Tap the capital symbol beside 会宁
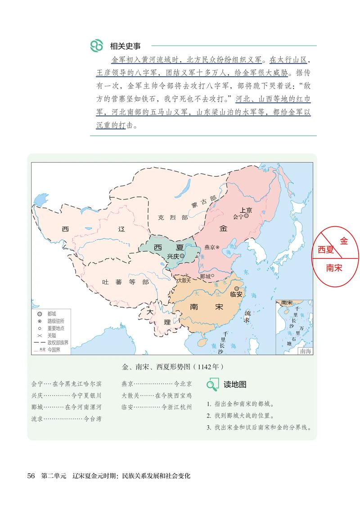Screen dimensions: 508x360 pyautogui.click(x=247, y=216)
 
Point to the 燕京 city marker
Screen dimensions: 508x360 pyautogui.click(x=218, y=247)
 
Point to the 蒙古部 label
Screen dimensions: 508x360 pyautogui.click(x=203, y=201)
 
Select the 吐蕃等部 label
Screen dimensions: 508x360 pyautogui.click(x=119, y=282)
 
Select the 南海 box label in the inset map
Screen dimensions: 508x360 pyautogui.click(x=305, y=351)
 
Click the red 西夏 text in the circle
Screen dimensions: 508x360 pyautogui.click(x=326, y=250)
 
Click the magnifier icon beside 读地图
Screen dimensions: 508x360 pyautogui.click(x=212, y=384)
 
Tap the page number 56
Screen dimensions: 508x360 pyautogui.click(x=31, y=476)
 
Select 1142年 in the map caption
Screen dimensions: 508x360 pyautogui.click(x=210, y=366)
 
